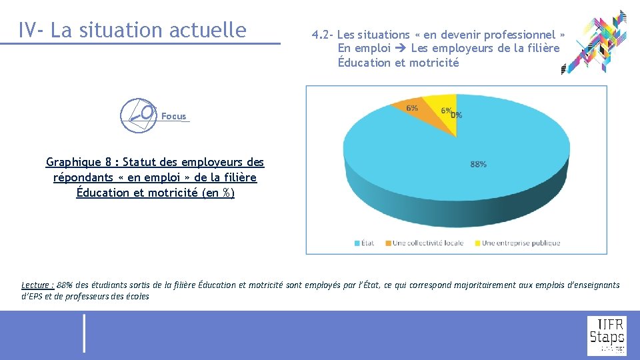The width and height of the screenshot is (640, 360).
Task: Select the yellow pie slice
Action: tap(444, 113)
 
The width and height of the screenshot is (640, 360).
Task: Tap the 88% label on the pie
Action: tap(478, 164)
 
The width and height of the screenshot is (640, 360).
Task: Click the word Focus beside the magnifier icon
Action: tap(174, 117)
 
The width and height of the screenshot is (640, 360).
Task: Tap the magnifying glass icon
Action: tap(138, 114)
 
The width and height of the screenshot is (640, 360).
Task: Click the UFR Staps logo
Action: tap(606, 335)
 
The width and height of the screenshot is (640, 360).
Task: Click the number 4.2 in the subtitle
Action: tap(321, 35)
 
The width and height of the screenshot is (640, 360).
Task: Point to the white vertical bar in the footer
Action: tap(84, 333)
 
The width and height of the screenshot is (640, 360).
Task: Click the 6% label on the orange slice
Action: tap(412, 108)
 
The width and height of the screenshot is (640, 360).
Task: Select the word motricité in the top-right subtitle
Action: tap(435, 63)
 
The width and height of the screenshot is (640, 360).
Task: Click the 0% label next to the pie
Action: tap(457, 115)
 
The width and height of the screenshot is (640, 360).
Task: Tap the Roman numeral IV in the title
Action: tap(27, 30)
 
